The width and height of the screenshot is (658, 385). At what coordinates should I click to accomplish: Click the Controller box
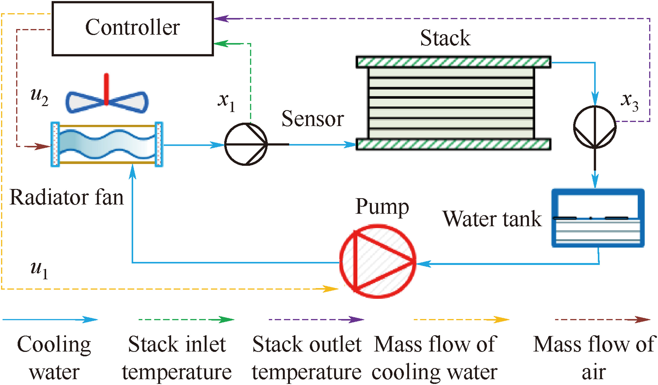(132, 29)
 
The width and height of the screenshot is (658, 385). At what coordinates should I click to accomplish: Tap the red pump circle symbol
(378, 261)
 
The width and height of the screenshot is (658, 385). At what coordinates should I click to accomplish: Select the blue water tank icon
(598, 218)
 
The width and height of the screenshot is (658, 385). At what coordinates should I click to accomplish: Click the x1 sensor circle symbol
(246, 144)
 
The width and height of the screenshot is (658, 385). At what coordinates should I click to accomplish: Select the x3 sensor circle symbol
(595, 127)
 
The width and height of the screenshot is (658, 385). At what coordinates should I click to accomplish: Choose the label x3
(629, 102)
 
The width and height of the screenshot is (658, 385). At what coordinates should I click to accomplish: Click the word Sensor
(312, 119)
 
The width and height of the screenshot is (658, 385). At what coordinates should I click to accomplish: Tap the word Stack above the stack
(445, 38)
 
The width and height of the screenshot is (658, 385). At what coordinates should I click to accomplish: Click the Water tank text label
(492, 219)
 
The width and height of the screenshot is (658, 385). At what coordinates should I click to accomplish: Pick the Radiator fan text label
(66, 198)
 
